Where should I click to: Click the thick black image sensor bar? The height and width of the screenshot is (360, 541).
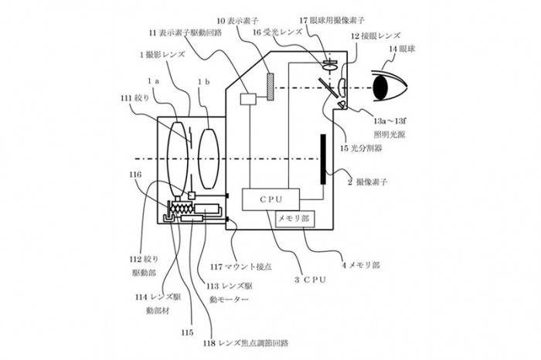click(319, 158)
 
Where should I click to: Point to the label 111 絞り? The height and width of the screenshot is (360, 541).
click(132, 99)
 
